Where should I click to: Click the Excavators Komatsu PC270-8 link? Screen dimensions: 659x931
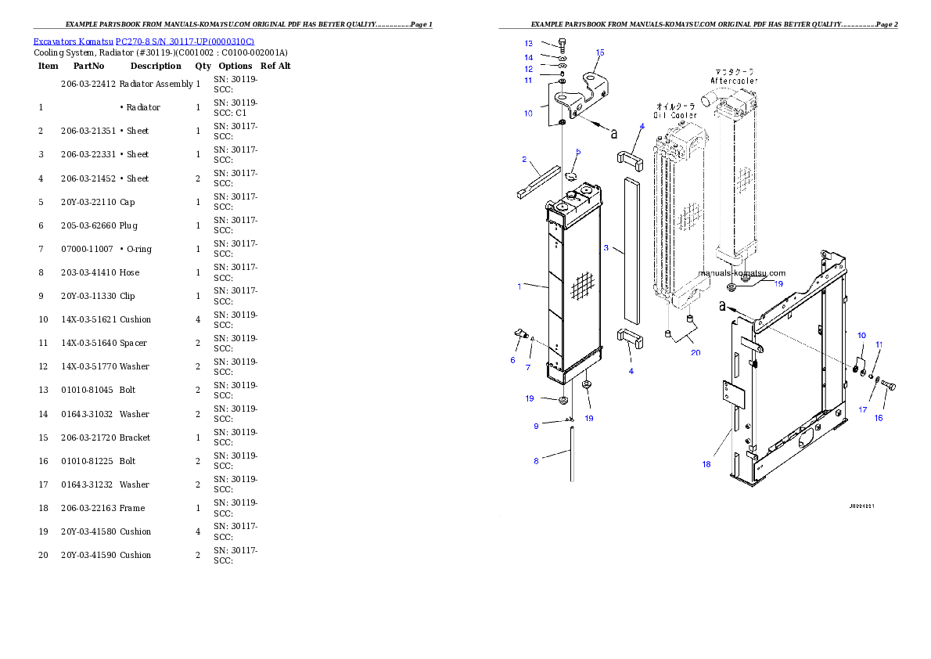pyautogui.click(x=143, y=41)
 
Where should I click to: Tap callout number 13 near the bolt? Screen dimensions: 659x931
pyautogui.click(x=528, y=43)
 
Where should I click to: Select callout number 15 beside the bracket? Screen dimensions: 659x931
pyautogui.click(x=600, y=52)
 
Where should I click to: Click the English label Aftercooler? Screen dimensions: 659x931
pyautogui.click(x=734, y=81)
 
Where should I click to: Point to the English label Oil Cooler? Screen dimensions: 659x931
pyautogui.click(x=676, y=115)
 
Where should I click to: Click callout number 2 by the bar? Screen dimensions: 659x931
pyautogui.click(x=524, y=160)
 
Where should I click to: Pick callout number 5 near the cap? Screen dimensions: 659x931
pyautogui.click(x=578, y=152)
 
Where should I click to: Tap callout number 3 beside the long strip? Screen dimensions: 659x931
pyautogui.click(x=606, y=248)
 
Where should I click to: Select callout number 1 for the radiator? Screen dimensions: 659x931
pyautogui.click(x=519, y=286)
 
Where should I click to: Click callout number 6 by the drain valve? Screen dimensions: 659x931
pyautogui.click(x=513, y=360)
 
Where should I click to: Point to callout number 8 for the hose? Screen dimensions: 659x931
pyautogui.click(x=536, y=461)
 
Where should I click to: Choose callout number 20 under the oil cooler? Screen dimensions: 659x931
pyautogui.click(x=696, y=352)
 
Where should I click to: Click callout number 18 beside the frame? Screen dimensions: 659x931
pyautogui.click(x=706, y=464)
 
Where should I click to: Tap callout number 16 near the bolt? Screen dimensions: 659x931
pyautogui.click(x=879, y=418)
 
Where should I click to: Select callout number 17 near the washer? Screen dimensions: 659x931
pyautogui.click(x=863, y=409)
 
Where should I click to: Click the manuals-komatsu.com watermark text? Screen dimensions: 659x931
pyautogui.click(x=742, y=273)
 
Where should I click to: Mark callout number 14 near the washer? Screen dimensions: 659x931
pyautogui.click(x=528, y=57)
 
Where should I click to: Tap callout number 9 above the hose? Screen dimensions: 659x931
pyautogui.click(x=536, y=426)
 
